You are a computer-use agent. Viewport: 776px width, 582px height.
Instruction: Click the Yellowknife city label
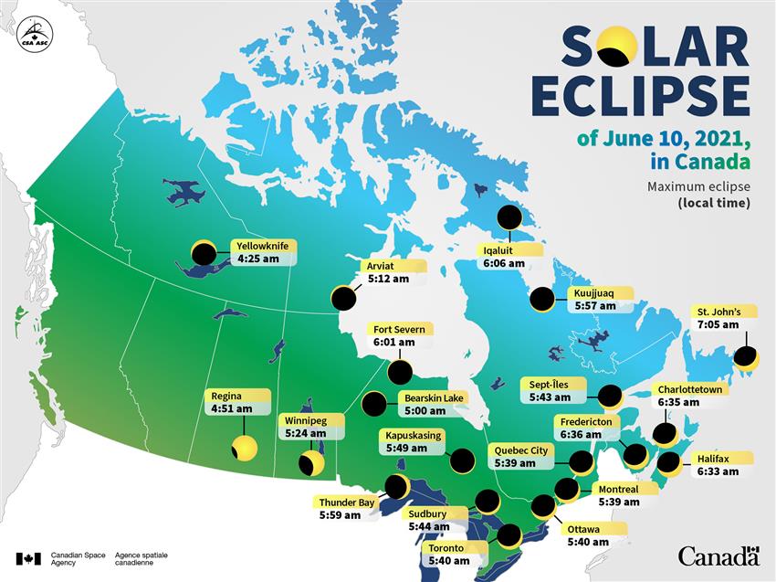coord(262,246)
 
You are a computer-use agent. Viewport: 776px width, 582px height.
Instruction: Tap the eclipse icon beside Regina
coord(244,448)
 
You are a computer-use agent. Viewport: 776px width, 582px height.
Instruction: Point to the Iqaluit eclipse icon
coord(509,217)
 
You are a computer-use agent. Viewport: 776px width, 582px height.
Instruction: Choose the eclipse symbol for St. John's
coord(747,356)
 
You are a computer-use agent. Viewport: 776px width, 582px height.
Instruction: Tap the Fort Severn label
coord(399,329)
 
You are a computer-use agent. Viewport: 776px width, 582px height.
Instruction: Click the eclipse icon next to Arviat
coord(342,298)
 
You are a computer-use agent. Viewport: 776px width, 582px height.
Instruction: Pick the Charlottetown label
coord(691,389)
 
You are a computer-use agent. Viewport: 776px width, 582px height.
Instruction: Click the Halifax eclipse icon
coord(669,464)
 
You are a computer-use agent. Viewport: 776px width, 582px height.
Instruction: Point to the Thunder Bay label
coord(347,502)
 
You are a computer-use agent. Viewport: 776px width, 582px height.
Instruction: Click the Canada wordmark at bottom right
coord(718,556)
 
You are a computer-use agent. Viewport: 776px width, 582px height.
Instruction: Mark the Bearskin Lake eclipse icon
coord(374,404)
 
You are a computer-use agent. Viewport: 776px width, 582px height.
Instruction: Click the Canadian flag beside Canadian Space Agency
coord(28,557)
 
